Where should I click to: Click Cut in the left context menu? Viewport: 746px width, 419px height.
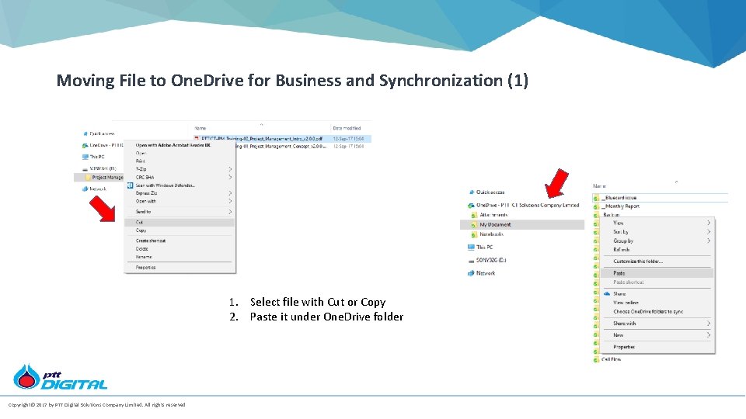coord(140,222)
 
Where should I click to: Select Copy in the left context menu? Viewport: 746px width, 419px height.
coord(141,230)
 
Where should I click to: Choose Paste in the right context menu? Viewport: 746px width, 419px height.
coord(619,273)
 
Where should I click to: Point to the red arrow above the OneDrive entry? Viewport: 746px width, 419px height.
coord(556,183)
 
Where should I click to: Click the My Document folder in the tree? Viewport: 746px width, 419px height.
coord(495,225)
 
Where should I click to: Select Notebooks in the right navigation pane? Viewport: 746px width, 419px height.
coord(491,234)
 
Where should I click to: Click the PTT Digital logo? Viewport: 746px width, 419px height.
coord(60,377)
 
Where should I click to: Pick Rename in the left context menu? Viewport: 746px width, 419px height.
coord(144,257)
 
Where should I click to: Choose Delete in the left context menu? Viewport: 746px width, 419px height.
coord(142,249)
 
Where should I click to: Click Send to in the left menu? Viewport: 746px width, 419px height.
coord(143,212)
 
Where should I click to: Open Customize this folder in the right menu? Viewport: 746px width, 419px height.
coord(638,261)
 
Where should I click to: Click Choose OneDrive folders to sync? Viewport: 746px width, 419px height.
coord(648,312)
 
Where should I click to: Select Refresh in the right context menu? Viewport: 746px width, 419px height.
coord(622,250)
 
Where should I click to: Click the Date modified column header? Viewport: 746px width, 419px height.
coord(347,128)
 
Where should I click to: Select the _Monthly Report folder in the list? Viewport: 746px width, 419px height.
coord(621,206)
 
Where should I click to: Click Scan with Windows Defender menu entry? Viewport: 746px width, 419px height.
coord(166,185)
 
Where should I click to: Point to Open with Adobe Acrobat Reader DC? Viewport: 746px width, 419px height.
coord(173,144)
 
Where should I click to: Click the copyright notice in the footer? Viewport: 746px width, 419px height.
coord(96,404)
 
